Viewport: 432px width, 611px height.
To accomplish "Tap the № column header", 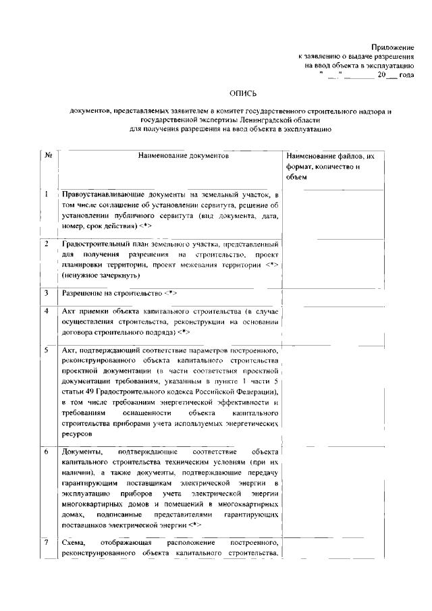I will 48,155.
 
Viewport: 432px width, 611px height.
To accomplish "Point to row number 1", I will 47,194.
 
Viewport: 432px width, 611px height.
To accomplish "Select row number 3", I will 47,294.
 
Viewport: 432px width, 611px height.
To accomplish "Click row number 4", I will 47,311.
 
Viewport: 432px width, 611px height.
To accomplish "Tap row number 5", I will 47,350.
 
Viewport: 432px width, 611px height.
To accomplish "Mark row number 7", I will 47,543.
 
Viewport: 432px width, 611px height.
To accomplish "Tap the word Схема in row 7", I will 74,543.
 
